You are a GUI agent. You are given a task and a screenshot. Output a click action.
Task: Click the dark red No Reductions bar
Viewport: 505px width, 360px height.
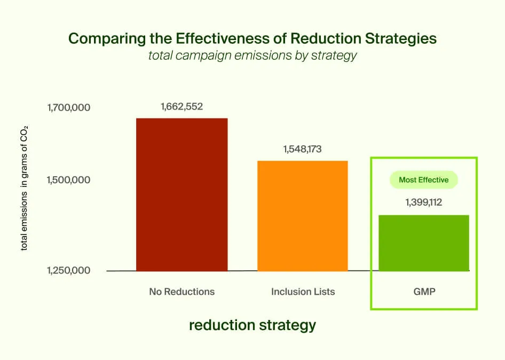[x=182, y=194]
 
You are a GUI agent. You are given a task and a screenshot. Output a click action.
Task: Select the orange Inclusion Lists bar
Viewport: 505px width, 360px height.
[x=303, y=216]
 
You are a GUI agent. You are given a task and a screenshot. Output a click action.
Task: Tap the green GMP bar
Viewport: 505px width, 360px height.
[x=424, y=243]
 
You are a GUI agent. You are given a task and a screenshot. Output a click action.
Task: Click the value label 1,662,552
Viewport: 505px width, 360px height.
[x=182, y=106]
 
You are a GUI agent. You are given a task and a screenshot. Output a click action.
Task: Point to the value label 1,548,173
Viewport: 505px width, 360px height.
[x=303, y=149]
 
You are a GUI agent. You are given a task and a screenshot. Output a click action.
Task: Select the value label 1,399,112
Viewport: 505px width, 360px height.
[x=424, y=202]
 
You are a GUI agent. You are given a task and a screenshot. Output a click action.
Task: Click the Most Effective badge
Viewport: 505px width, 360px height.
[x=424, y=180]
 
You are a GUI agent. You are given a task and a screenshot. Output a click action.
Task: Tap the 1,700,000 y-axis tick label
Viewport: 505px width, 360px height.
[x=69, y=108]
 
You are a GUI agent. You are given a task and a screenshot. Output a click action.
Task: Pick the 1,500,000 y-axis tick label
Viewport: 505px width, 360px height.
[x=69, y=180]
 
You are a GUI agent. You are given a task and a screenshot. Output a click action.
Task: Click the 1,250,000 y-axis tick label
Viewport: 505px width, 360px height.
[x=69, y=270]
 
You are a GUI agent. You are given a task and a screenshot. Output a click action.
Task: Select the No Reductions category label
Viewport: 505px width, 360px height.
[x=182, y=292]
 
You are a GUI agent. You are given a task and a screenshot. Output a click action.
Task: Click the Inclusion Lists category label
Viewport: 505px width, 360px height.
[x=303, y=292]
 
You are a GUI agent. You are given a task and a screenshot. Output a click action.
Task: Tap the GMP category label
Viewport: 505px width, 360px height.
[x=424, y=292]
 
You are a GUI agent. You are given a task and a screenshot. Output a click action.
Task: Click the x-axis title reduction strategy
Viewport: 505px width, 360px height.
[x=253, y=325]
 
